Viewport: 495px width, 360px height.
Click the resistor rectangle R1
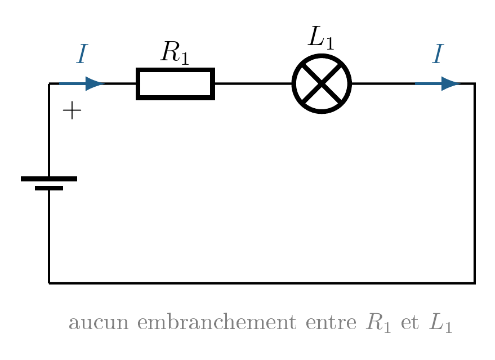[176, 69]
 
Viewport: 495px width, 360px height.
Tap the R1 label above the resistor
[175, 53]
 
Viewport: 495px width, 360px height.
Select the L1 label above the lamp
[321, 38]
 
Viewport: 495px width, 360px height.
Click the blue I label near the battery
[82, 54]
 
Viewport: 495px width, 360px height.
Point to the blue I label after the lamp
[438, 54]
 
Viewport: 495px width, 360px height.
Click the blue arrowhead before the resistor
[95, 84]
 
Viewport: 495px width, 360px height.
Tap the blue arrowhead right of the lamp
[451, 84]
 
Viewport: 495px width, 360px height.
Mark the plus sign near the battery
[72, 110]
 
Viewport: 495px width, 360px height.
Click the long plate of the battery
[49, 179]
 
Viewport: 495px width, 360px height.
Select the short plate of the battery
[49, 188]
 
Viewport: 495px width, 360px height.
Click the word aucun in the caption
[99, 323]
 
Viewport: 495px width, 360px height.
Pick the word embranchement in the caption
[217, 322]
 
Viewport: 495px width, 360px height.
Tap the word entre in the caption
[331, 323]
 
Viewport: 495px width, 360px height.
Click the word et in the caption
[410, 323]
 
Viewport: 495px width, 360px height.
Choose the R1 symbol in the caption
[378, 323]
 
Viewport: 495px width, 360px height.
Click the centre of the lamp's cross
[322, 84]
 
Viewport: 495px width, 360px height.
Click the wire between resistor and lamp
[253, 84]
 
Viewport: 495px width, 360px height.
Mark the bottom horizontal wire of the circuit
[262, 283]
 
